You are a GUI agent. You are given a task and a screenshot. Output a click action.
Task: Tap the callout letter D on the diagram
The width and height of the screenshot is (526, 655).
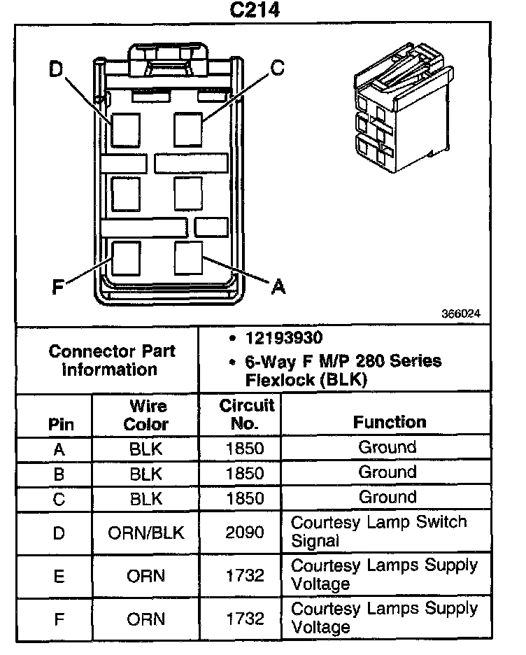pyautogui.click(x=57, y=69)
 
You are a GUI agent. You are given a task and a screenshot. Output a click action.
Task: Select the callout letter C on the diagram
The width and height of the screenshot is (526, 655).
pyautogui.click(x=277, y=67)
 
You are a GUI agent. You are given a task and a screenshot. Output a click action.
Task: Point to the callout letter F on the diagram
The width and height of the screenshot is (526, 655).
pyautogui.click(x=59, y=286)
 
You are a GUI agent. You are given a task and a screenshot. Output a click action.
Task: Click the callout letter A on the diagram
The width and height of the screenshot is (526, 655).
pyautogui.click(x=278, y=286)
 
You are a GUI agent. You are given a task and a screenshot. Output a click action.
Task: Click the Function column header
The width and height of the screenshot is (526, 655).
pyautogui.click(x=389, y=422)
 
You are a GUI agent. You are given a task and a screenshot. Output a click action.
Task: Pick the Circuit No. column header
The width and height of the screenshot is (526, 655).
pyautogui.click(x=246, y=414)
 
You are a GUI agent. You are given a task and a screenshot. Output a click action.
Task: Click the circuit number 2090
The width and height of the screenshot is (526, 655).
pyautogui.click(x=246, y=533)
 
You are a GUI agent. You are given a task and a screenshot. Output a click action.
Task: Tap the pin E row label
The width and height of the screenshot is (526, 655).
pyautogui.click(x=59, y=577)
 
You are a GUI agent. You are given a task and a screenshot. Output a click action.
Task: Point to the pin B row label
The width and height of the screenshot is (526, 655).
pyautogui.click(x=59, y=474)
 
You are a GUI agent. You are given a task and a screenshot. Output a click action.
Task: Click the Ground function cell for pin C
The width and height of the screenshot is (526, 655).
pyautogui.click(x=387, y=498)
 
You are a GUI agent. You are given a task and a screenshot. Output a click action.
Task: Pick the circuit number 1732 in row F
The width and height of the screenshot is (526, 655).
pyautogui.click(x=246, y=619)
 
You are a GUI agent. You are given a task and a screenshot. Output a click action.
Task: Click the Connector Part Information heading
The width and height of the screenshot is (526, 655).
pyautogui.click(x=112, y=360)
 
